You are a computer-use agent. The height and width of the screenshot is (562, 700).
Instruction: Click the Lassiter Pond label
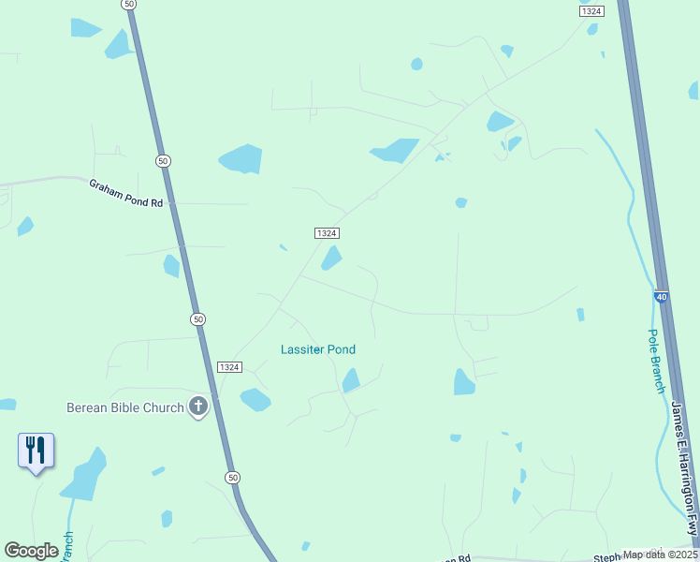click(x=318, y=349)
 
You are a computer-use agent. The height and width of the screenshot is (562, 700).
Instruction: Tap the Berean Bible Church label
click(x=124, y=407)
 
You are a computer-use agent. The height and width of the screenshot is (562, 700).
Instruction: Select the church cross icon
click(x=197, y=407)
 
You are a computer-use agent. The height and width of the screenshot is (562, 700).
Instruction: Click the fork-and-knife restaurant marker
click(x=36, y=451)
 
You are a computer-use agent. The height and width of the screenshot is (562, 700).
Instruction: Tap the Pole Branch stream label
click(x=657, y=361)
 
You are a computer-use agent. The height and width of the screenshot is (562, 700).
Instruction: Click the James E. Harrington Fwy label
click(x=685, y=467)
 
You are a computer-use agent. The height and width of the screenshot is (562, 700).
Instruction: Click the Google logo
click(x=31, y=551)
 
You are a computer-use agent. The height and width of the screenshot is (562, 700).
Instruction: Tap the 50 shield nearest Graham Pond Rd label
click(x=164, y=161)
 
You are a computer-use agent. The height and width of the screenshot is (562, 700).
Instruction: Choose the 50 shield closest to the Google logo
click(x=232, y=478)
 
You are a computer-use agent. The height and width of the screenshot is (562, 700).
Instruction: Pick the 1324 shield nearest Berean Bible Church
click(x=228, y=366)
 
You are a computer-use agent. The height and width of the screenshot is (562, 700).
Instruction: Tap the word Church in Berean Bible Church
click(x=164, y=407)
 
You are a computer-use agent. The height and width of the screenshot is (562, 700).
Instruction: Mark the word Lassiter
click(x=302, y=349)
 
